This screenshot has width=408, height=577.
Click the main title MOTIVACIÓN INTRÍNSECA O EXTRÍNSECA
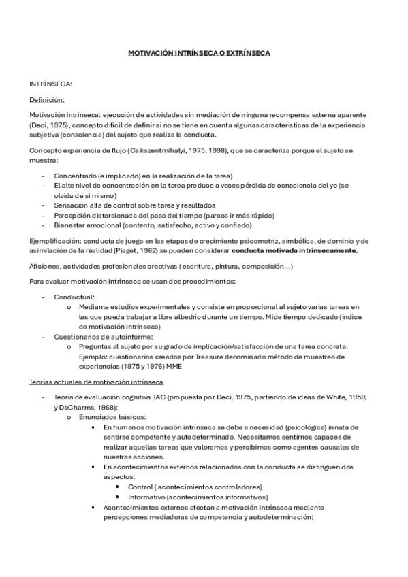coord(204,52)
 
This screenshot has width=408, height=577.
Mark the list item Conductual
coord(74,297)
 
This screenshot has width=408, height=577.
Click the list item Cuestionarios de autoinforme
coord(103,336)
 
